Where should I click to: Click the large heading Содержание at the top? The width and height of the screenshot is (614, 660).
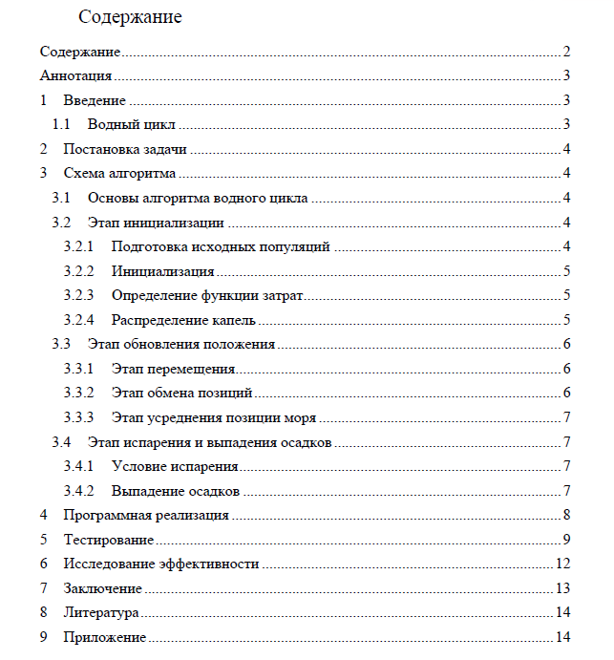coord(131,17)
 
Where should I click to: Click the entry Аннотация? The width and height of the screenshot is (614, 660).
coord(76,75)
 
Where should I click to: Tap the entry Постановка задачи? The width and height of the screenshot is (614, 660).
coord(124,149)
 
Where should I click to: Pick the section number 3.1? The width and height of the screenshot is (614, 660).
coord(61,198)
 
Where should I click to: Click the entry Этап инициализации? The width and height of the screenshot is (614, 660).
coord(156,223)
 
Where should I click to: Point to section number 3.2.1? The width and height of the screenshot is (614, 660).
coord(78,246)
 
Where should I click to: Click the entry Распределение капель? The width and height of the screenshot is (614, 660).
coord(183,320)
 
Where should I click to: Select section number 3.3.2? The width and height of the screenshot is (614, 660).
coord(78,393)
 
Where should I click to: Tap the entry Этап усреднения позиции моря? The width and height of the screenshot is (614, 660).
coord(214,417)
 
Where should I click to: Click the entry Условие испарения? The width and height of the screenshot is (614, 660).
coord(175,466)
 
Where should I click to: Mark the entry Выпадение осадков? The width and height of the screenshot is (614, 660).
coord(175,491)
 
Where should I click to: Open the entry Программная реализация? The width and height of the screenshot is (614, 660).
coord(146,516)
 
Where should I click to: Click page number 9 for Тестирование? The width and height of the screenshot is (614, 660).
coord(566,540)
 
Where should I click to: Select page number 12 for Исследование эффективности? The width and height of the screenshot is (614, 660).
coord(563,564)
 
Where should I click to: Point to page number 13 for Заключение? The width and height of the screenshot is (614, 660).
coord(563,588)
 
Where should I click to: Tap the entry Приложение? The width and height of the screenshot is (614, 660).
coord(104,637)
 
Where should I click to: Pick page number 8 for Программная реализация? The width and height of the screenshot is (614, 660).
coord(566,516)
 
